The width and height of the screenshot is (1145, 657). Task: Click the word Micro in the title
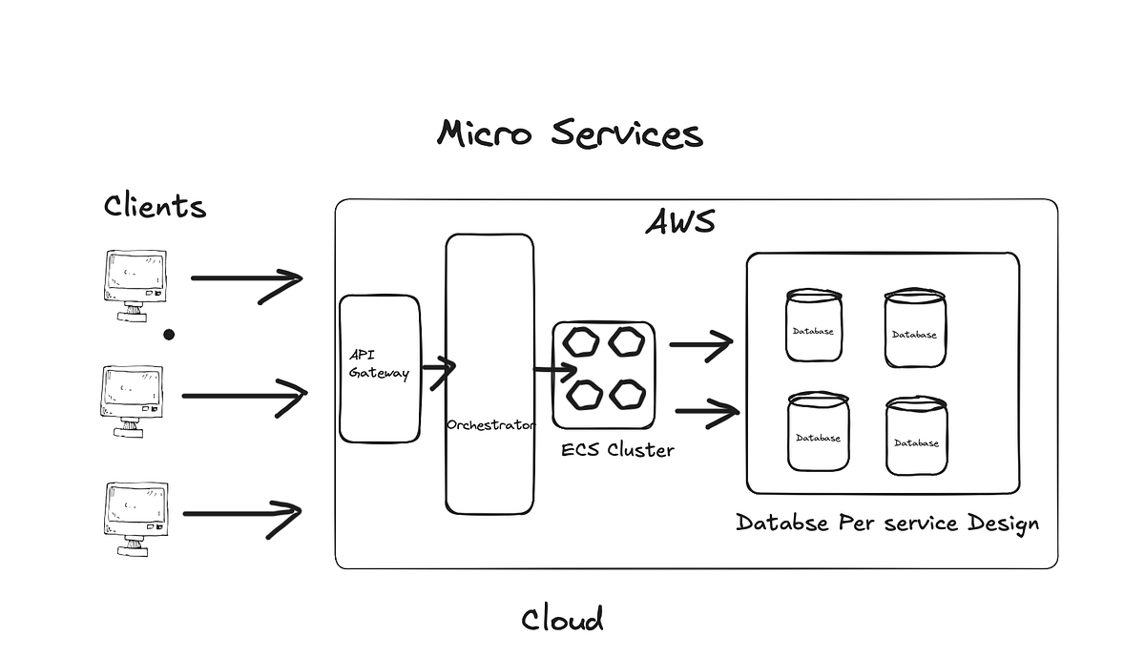tap(484, 133)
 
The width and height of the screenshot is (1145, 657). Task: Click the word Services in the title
tap(627, 133)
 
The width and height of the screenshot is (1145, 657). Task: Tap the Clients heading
tap(155, 205)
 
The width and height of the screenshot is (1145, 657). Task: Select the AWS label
tap(680, 221)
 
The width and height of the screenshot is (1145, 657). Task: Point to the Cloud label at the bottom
tap(562, 620)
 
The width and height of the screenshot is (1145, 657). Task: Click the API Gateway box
tap(380, 368)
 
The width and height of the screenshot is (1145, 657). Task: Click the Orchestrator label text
tap(490, 424)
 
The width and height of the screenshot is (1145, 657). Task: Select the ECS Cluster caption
tap(617, 449)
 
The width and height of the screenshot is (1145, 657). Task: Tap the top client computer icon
tap(134, 285)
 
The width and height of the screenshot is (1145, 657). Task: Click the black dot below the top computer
tap(169, 335)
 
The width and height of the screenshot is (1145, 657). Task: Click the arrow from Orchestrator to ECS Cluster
tap(554, 370)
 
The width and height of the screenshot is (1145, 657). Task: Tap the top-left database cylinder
tap(814, 326)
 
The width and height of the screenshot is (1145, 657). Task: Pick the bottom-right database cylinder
tap(916, 437)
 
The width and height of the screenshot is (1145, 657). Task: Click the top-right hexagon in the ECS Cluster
tap(627, 341)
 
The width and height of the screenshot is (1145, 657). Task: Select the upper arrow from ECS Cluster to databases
tap(700, 345)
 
